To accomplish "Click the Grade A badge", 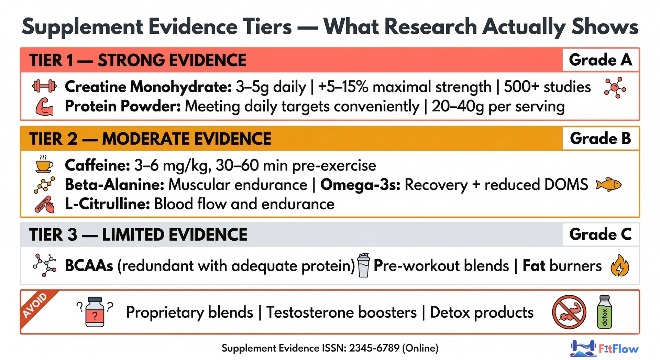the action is [x=600, y=60].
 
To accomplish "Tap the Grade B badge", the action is [x=600, y=139].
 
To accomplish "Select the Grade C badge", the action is [x=600, y=234].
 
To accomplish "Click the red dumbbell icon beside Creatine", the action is [x=44, y=86].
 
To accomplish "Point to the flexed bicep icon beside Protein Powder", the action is [x=44, y=107].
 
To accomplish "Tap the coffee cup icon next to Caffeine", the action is [x=44, y=164].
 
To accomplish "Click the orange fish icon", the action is [x=609, y=185].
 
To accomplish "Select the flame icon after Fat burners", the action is [x=620, y=265].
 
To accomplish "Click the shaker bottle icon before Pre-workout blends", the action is [x=363, y=265].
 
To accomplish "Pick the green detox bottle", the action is [x=605, y=312].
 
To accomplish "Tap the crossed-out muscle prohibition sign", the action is [x=569, y=312].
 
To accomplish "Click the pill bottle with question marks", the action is [x=95, y=312].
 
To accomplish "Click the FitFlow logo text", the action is [x=618, y=349].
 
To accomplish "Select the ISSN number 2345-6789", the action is [x=374, y=348].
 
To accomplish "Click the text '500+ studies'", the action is [x=547, y=87].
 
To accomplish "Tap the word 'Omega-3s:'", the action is [x=360, y=185].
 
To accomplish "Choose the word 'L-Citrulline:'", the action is [x=107, y=204].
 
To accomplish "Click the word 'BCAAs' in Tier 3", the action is [x=89, y=266].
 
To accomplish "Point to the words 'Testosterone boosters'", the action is [x=341, y=312].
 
